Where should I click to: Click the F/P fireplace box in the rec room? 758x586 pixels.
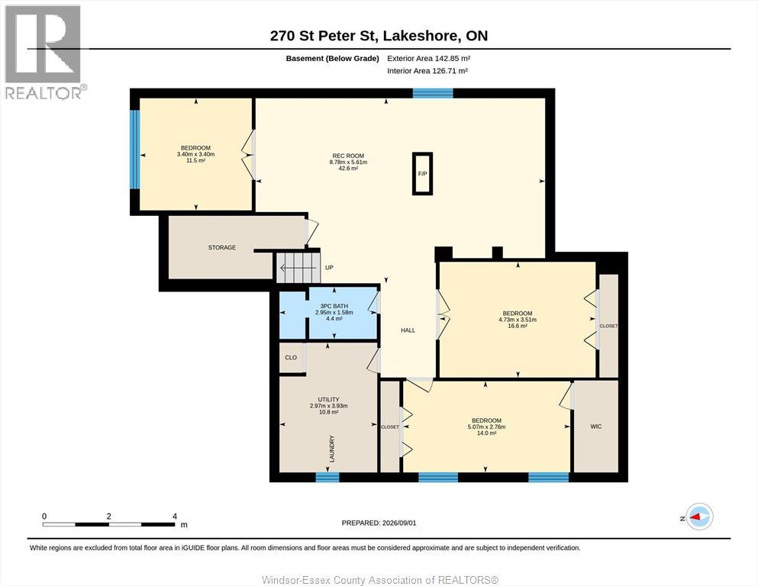[422, 173]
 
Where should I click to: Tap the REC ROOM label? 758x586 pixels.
[348, 156]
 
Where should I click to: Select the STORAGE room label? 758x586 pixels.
[222, 247]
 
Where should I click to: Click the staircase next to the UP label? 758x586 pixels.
[298, 268]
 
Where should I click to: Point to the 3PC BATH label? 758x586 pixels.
[334, 306]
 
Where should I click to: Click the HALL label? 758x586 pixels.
[408, 330]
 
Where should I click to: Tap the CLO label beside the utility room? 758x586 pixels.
[291, 358]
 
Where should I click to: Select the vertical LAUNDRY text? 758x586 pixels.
[332, 449]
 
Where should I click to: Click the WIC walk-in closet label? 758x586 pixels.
[596, 427]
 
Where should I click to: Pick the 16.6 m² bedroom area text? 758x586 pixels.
[518, 326]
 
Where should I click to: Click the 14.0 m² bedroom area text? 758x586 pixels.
[486, 433]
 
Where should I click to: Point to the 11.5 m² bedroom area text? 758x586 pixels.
[195, 160]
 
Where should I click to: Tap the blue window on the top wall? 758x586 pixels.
[433, 93]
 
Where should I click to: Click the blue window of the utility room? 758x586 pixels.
[327, 478]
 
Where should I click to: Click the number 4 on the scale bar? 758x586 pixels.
[175, 516]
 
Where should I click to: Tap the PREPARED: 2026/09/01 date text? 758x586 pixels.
[379, 523]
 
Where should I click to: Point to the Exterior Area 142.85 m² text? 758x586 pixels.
[429, 59]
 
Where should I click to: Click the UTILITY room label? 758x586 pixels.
[328, 400]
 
